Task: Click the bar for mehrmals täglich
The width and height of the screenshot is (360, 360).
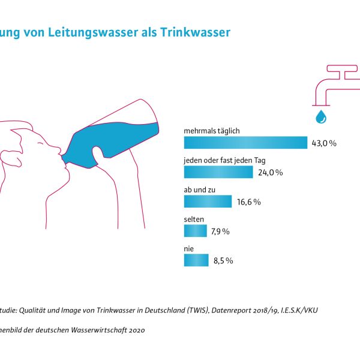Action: click(x=245, y=143)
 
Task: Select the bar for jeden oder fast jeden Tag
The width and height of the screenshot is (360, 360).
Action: click(x=218, y=172)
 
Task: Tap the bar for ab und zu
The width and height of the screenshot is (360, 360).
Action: click(x=208, y=202)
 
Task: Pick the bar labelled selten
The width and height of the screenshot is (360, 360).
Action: click(x=195, y=231)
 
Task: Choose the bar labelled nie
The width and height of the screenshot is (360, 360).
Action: click(x=196, y=260)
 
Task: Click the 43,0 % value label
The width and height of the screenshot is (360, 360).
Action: click(x=325, y=143)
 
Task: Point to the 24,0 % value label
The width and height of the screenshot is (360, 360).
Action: click(x=270, y=173)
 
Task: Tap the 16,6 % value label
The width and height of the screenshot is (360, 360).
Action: click(x=248, y=202)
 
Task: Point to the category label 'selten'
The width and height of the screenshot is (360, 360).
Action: click(x=193, y=218)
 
